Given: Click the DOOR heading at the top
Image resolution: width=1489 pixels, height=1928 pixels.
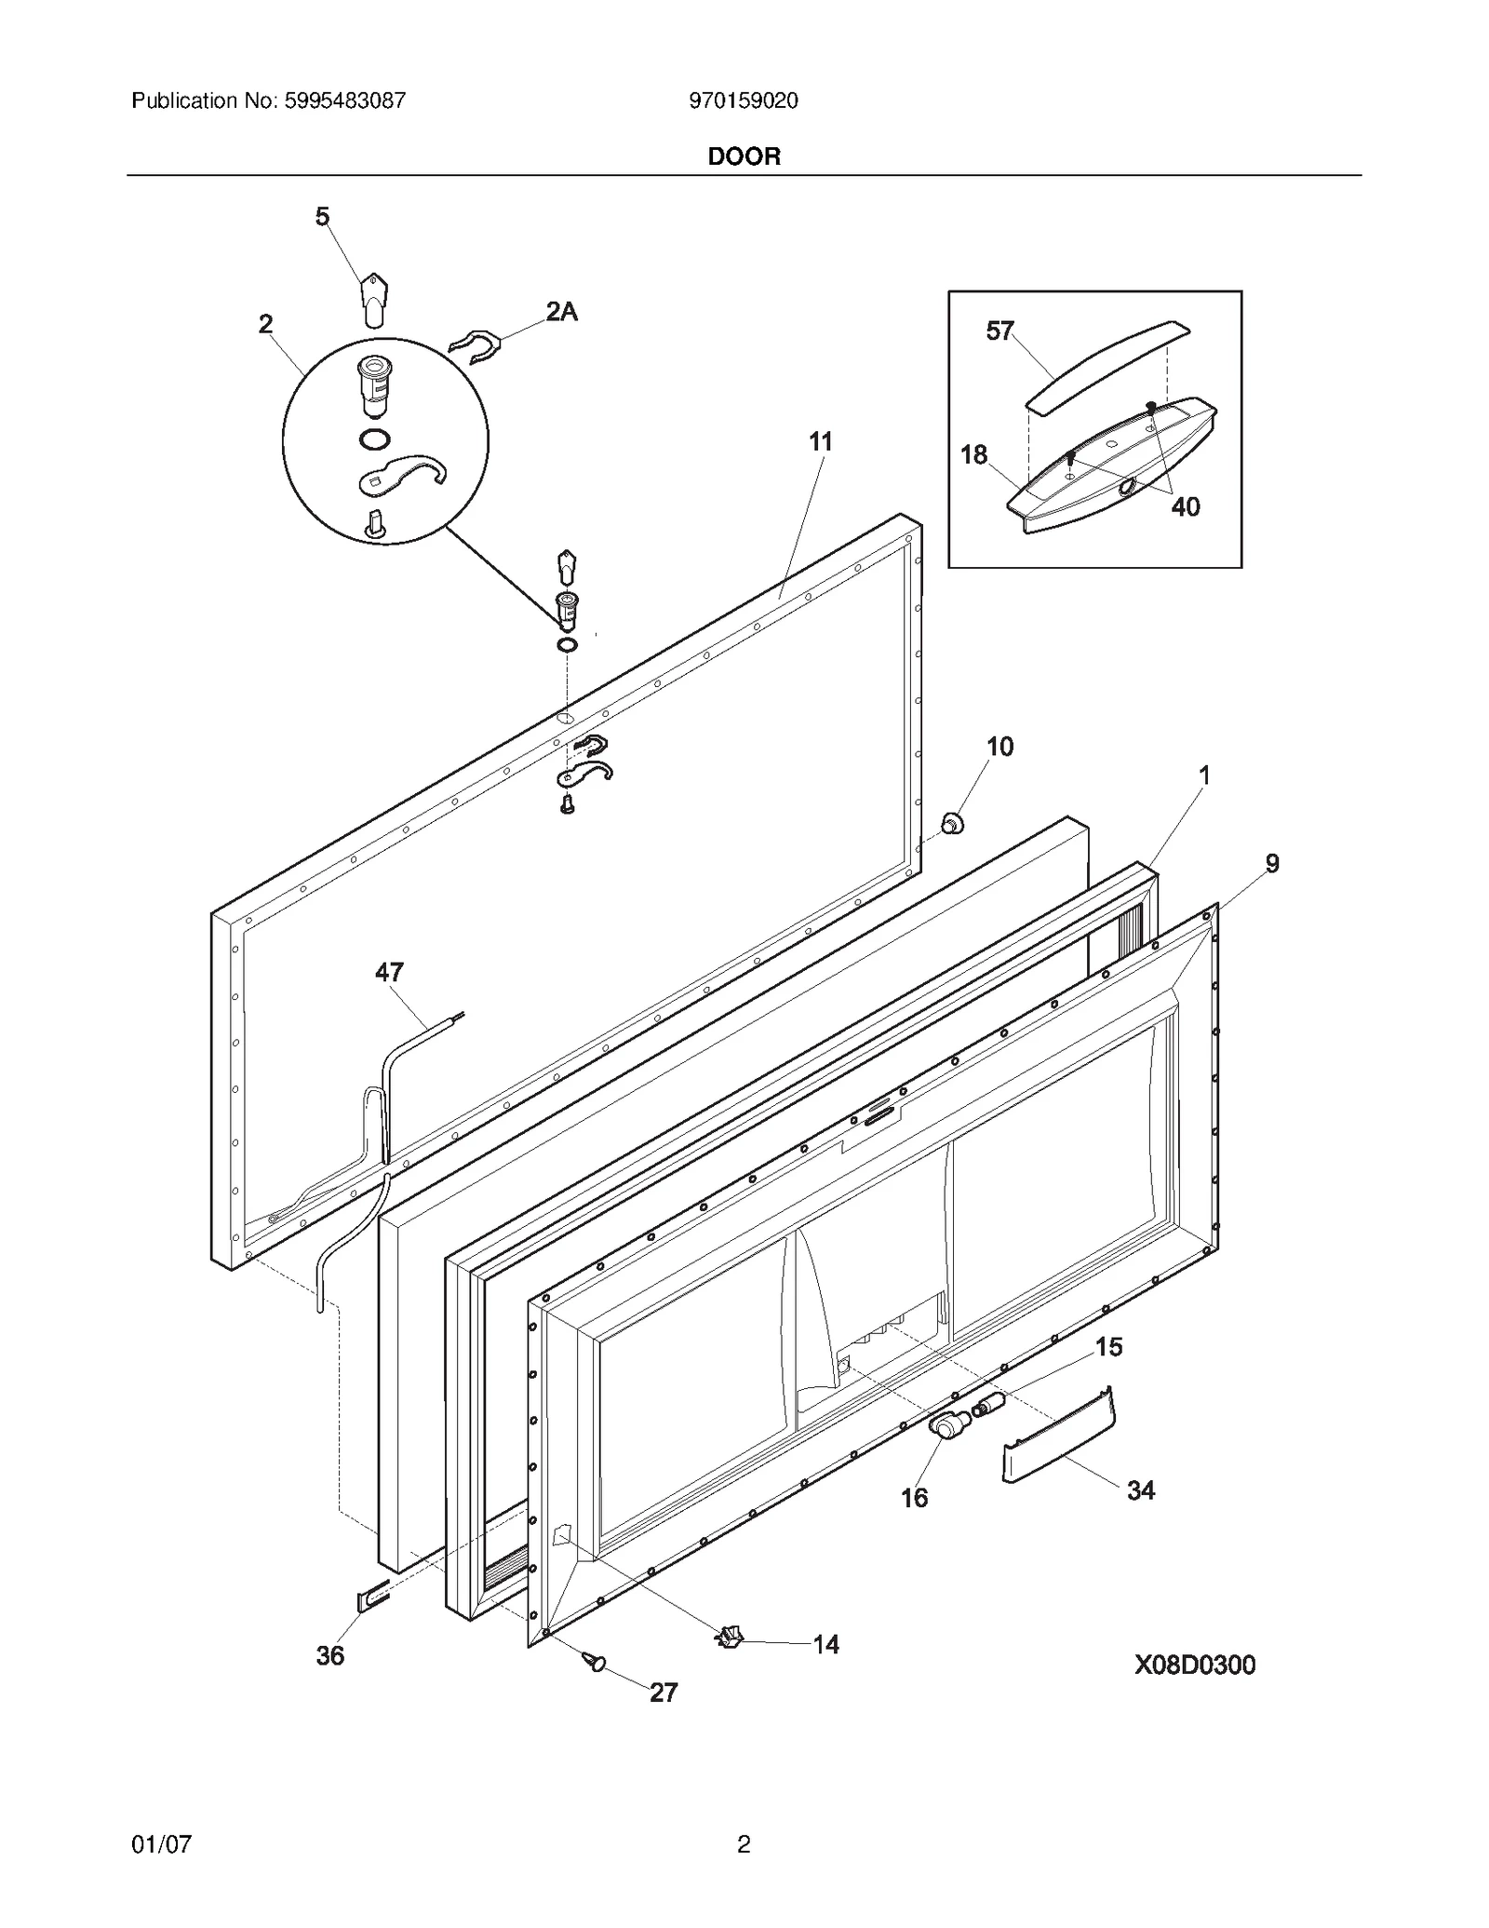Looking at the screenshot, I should click(x=744, y=156).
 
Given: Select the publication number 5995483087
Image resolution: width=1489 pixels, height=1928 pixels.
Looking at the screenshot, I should click(x=342, y=101).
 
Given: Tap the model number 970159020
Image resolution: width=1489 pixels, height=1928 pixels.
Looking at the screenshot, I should click(x=743, y=101).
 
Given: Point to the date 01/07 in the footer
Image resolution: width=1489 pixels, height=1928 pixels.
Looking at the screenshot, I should click(x=162, y=1843).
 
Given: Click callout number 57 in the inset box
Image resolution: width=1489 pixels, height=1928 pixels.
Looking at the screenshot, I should click(x=999, y=331).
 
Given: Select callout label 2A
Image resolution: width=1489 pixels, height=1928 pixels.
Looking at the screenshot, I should click(x=561, y=312).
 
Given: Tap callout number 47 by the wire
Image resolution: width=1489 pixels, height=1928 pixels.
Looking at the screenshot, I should click(x=389, y=972).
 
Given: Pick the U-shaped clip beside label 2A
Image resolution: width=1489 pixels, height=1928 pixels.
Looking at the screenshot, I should click(x=476, y=346).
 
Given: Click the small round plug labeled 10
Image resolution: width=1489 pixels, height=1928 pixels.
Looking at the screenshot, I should click(x=951, y=823).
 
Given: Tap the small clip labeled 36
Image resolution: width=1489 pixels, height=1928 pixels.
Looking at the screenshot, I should click(x=370, y=1599).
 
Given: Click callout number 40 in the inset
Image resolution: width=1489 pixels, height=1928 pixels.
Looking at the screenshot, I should click(x=1185, y=506).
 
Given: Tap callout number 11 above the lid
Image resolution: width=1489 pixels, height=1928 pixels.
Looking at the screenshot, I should click(x=820, y=441).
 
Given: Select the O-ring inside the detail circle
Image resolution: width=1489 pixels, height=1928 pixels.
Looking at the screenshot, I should click(x=374, y=439).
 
